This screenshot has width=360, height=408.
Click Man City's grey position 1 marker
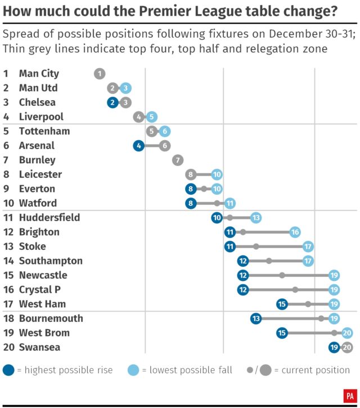pos(100,73)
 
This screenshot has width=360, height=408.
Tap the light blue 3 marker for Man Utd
pos(125,88)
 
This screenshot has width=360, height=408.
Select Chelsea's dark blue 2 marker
pos(112,102)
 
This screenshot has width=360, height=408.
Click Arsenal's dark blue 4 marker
pos(138,145)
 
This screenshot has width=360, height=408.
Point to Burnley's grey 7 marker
pos(178,160)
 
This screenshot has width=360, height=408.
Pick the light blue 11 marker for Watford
pos(229,203)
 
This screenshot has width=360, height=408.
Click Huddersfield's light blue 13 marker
pos(256,218)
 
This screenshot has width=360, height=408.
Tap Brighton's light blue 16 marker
pos(295,232)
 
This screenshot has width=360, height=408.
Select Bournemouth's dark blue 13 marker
pos(256,319)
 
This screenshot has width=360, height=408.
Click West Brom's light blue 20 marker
pos(347,333)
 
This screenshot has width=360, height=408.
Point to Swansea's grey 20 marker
pos(347,347)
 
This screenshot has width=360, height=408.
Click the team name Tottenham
pos(44,131)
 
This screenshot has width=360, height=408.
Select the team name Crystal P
pos(39,289)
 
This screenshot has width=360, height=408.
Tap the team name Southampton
pos(51,261)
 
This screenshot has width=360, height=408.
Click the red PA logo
pos(349,396)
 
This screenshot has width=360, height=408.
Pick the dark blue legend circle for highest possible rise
pos(9,370)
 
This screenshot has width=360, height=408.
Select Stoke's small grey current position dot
pos(256,246)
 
